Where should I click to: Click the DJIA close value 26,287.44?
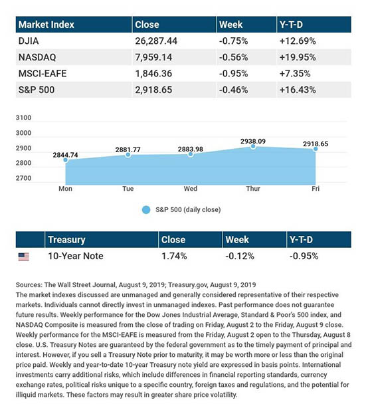pyautogui.click(x=156, y=41)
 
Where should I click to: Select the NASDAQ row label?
pyautogui.click(x=37, y=57)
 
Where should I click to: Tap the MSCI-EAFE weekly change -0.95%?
pyautogui.click(x=234, y=74)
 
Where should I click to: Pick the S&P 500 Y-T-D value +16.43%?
pyautogui.click(x=298, y=90)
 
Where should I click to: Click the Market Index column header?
pyautogui.click(x=46, y=25)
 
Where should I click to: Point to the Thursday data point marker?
pyautogui.click(x=253, y=146)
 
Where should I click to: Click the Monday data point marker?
pyautogui.click(x=66, y=160)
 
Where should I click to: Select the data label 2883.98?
pyautogui.click(x=191, y=149)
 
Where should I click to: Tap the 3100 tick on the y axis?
pyautogui.click(x=23, y=118)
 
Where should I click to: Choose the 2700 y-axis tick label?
pyautogui.click(x=23, y=178)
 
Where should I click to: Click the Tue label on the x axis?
pyautogui.click(x=128, y=189)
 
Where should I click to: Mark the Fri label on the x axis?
pyautogui.click(x=316, y=189)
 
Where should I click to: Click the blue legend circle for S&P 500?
pyautogui.click(x=146, y=210)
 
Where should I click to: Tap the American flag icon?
pyautogui.click(x=24, y=257)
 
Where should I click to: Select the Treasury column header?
pyautogui.click(x=66, y=240)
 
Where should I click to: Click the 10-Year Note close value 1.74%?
pyautogui.click(x=174, y=256)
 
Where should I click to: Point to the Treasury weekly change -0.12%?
pyautogui.click(x=240, y=256)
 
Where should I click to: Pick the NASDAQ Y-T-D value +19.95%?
pyautogui.click(x=298, y=57)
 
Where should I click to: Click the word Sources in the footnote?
pyautogui.click(x=29, y=285)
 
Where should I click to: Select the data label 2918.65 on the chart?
pyautogui.click(x=316, y=144)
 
